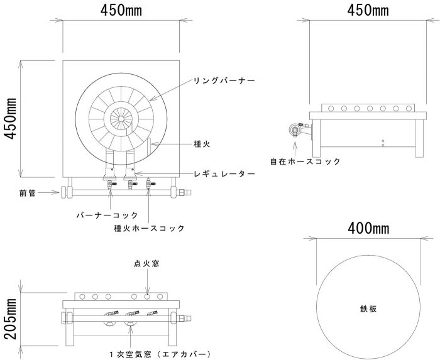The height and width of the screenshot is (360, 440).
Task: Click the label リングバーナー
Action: pyautogui.click(x=224, y=81)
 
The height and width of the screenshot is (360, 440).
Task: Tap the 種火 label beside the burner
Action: pyautogui.click(x=202, y=144)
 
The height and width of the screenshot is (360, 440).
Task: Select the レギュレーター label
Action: pyautogui.click(x=224, y=174)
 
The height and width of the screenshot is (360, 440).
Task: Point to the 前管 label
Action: pyautogui.click(x=28, y=193)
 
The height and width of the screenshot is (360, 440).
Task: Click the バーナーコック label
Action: pyautogui.click(x=107, y=215)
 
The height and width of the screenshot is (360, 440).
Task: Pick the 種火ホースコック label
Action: pyautogui.click(x=150, y=228)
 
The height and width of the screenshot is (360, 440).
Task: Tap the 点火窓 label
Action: pyautogui.click(x=146, y=263)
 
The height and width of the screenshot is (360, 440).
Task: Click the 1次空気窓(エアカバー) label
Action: pyautogui.click(x=160, y=354)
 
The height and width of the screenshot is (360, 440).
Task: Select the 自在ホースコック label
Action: pyautogui.click(x=305, y=161)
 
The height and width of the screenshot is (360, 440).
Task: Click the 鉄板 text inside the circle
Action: pyautogui.click(x=368, y=309)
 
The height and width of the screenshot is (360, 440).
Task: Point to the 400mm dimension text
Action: pyautogui.click(x=368, y=229)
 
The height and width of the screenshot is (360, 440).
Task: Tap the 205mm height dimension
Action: pyautogui.click(x=11, y=319)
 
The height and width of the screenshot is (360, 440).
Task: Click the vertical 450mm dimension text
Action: pyautogui.click(x=11, y=119)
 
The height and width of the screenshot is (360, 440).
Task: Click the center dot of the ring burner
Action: pyautogui.click(x=121, y=119)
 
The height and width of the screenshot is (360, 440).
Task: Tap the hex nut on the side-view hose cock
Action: pyautogui.click(x=294, y=129)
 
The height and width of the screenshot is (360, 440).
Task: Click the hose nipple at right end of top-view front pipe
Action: pyautogui.click(x=185, y=193)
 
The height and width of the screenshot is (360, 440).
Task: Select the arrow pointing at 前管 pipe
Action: pyautogui.click(x=48, y=193)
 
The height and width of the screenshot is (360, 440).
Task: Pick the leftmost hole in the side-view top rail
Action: pyautogui.click(x=331, y=108)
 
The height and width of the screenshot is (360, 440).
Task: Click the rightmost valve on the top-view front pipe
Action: pyautogui.click(x=150, y=184)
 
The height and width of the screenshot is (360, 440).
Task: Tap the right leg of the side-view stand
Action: pyautogui.click(x=419, y=138)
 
